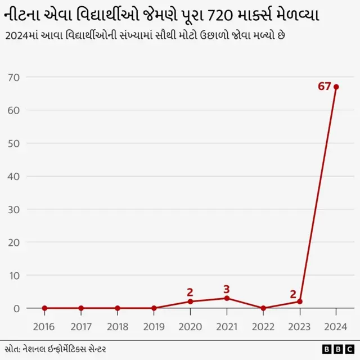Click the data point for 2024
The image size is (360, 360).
click(x=336, y=87)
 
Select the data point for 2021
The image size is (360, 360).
click(x=227, y=298)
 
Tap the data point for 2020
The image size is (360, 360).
click(x=190, y=301)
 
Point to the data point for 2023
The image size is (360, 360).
click(x=299, y=301)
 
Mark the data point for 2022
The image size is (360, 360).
click(x=263, y=308)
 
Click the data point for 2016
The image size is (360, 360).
click(x=44, y=308)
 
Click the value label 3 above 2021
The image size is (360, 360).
click(x=227, y=289)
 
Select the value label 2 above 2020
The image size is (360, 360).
click(x=190, y=292)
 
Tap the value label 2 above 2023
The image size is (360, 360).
click(x=293, y=294)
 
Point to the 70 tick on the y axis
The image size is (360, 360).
click(x=14, y=77)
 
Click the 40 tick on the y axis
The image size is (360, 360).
click(x=14, y=176)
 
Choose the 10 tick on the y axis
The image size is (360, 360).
click(x=14, y=275)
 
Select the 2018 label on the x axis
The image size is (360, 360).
click(x=117, y=326)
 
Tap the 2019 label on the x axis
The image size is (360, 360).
click(x=154, y=326)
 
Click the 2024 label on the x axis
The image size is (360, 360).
click(x=336, y=326)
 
